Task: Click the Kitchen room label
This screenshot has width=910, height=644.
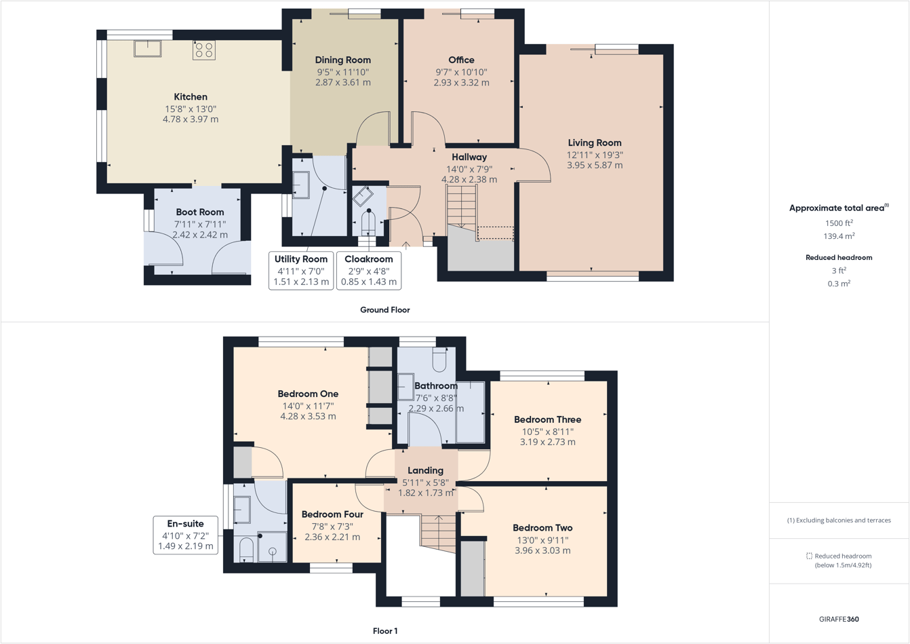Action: [191, 97]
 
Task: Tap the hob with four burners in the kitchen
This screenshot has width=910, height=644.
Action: [204, 50]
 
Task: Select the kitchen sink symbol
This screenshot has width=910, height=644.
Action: [147, 49]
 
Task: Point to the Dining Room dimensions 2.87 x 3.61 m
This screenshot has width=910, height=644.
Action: [342, 82]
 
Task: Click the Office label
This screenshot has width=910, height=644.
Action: [461, 60]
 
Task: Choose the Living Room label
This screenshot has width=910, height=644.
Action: [594, 143]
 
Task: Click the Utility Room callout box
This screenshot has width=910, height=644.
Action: [300, 270]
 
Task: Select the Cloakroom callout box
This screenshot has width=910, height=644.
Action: [368, 270]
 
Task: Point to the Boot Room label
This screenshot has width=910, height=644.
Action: [199, 212]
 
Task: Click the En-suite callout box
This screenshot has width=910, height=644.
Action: [185, 535]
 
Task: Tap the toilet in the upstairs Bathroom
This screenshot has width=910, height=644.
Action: [439, 360]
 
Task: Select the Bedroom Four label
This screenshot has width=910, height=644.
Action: [332, 514]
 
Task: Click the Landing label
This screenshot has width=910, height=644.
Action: [425, 470]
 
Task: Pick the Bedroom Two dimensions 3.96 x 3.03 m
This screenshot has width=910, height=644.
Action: [542, 550]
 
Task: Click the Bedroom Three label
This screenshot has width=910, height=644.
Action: [547, 419]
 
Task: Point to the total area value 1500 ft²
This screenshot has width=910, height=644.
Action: [839, 223]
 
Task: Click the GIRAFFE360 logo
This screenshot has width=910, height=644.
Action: [839, 619]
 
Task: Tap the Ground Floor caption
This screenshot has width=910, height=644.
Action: [384, 309]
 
